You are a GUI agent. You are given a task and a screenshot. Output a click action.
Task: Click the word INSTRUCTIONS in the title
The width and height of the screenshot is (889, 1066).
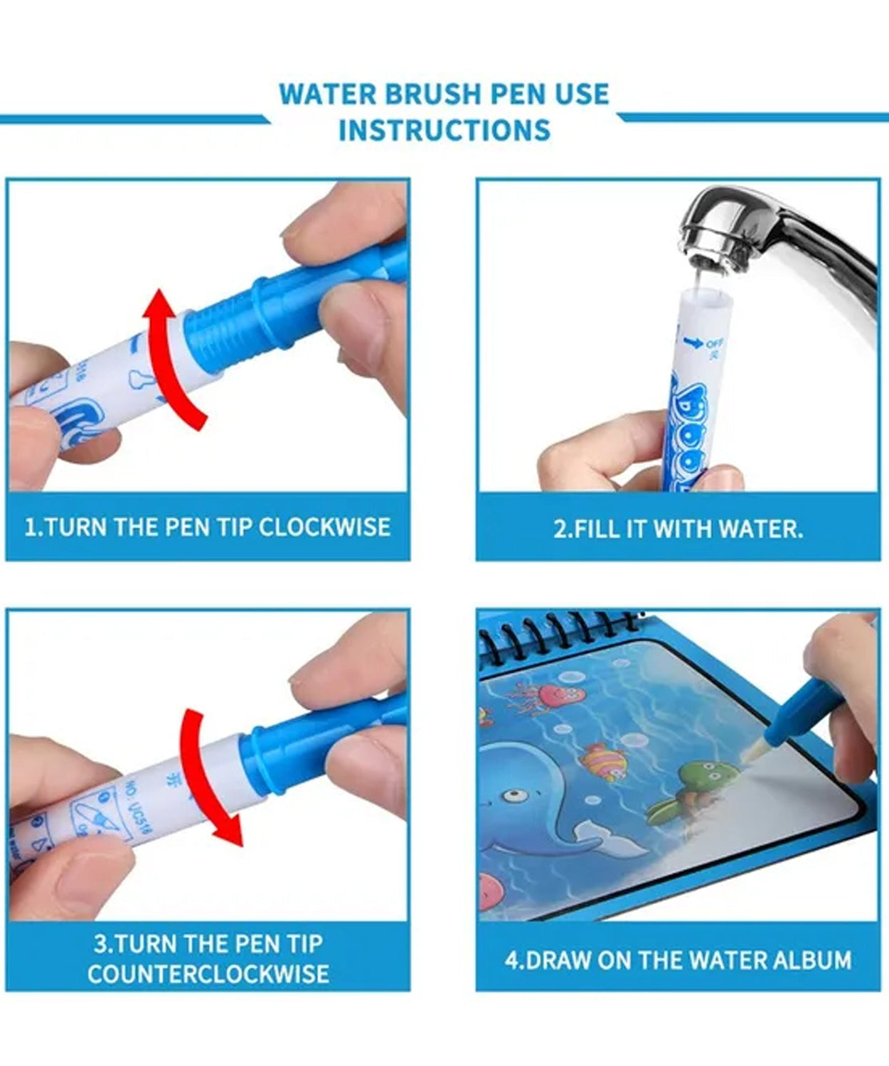445,130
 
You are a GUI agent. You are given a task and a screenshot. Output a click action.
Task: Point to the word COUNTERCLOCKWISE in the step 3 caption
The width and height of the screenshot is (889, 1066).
208,974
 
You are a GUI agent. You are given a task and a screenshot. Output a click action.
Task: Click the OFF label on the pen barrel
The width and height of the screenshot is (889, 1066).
714,344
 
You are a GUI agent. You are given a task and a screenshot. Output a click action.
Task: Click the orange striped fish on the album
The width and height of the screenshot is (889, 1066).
605,762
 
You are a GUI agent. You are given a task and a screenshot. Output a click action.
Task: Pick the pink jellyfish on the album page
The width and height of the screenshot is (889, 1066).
552,695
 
